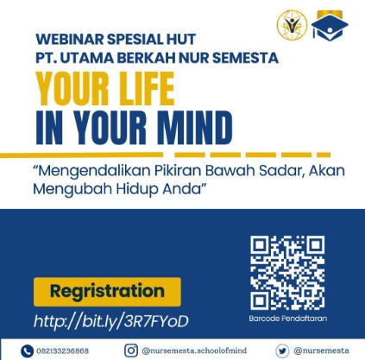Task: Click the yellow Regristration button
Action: click(x=107, y=292)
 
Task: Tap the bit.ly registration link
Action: click(x=111, y=321)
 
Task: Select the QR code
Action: click(x=287, y=273)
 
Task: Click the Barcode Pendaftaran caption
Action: click(x=288, y=319)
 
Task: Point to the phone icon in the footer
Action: click(x=27, y=351)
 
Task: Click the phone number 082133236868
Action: click(x=62, y=351)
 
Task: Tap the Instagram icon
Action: click(x=131, y=351)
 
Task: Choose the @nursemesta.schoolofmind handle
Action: click(x=194, y=351)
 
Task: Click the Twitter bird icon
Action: click(x=282, y=351)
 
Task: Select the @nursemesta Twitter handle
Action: click(x=321, y=351)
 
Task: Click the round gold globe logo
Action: click(x=292, y=25)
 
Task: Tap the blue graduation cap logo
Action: click(x=330, y=26)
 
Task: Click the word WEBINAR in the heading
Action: click(x=69, y=39)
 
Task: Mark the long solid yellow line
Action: click(x=81, y=155)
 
